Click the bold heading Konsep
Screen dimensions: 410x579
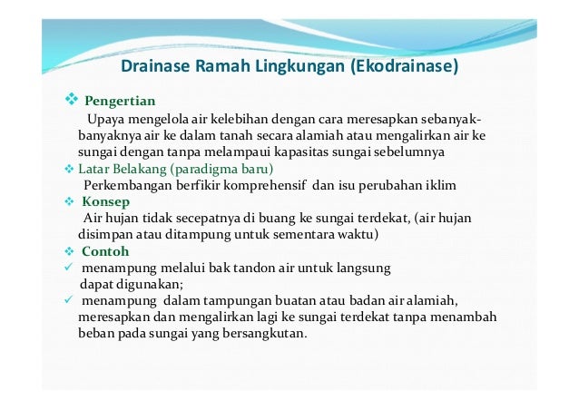pos(105,201)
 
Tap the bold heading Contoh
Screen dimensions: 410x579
pos(105,250)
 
